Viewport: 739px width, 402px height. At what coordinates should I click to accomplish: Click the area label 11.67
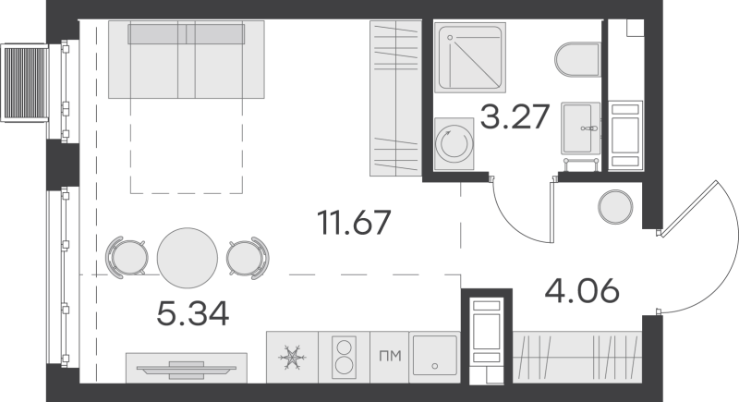pyautogui.click(x=354, y=223)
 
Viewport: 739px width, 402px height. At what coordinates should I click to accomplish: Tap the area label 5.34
pyautogui.click(x=193, y=314)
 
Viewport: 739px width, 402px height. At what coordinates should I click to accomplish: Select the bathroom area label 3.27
pyautogui.click(x=515, y=116)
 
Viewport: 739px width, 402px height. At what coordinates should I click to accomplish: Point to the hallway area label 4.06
pyautogui.click(x=582, y=290)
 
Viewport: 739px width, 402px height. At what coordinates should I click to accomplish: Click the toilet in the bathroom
pyautogui.click(x=578, y=59)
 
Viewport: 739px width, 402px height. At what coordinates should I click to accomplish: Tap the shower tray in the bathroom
pyautogui.click(x=469, y=57)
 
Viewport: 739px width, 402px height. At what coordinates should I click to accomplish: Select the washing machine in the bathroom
pyautogui.click(x=454, y=143)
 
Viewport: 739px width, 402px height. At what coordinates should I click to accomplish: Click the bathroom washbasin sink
pyautogui.click(x=580, y=128)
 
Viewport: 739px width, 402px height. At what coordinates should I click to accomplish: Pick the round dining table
pyautogui.click(x=188, y=258)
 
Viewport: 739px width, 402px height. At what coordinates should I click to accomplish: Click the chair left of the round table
pyautogui.click(x=126, y=257)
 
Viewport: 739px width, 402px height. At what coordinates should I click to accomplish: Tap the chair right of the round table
pyautogui.click(x=248, y=258)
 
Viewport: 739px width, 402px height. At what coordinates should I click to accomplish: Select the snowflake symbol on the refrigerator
pyautogui.click(x=292, y=358)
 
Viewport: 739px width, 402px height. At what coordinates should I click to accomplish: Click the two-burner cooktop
pyautogui.click(x=344, y=357)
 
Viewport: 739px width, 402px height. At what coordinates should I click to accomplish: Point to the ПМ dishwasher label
pyautogui.click(x=390, y=357)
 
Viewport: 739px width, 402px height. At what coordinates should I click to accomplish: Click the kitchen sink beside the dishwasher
pyautogui.click(x=434, y=357)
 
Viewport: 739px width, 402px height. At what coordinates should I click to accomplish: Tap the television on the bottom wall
pyautogui.click(x=187, y=369)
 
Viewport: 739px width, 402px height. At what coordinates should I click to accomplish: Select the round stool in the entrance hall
pyautogui.click(x=615, y=207)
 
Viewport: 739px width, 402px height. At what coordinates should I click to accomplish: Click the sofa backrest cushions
pyautogui.click(x=187, y=34)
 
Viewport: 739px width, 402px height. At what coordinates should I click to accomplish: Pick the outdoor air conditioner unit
pyautogui.click(x=26, y=83)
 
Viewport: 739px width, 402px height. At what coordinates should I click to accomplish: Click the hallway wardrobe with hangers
pyautogui.click(x=576, y=358)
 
